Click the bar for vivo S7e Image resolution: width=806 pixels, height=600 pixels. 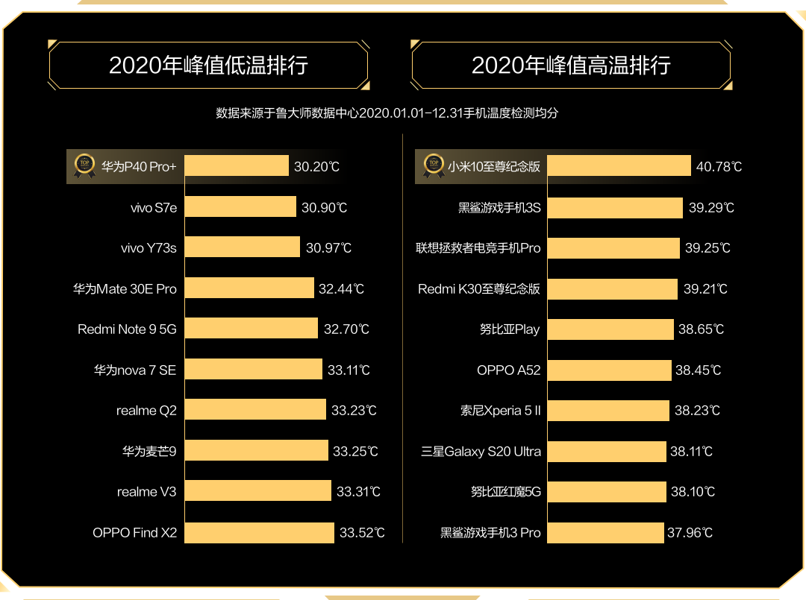[x=240, y=207]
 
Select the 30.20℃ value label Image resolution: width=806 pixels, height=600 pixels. [x=317, y=167]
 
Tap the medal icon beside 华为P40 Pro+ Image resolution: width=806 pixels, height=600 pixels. [x=84, y=165]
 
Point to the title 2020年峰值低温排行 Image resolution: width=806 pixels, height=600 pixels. [x=208, y=65]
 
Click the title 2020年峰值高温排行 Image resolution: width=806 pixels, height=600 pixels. [x=571, y=65]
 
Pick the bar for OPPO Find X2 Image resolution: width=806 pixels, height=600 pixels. [x=259, y=533]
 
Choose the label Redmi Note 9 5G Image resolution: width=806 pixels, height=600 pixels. [x=127, y=329]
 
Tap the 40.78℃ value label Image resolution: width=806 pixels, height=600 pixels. [x=719, y=167]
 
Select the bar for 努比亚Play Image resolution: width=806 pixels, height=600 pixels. [x=610, y=329]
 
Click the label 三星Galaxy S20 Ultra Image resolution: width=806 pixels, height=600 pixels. [x=481, y=451]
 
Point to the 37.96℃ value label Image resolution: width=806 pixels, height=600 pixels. [x=690, y=533]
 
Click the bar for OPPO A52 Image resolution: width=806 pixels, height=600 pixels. [x=609, y=370]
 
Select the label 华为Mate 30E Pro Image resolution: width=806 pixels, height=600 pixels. [x=125, y=288]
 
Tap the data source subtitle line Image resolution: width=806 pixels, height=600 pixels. [x=387, y=113]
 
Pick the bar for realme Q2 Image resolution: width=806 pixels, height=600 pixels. [x=255, y=410]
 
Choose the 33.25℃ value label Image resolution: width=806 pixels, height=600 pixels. [x=355, y=451]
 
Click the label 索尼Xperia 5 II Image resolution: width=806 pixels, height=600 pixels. [x=500, y=411]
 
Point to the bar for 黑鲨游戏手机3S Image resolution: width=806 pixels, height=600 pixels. [x=615, y=207]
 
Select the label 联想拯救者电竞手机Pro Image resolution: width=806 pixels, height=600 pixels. [x=478, y=247]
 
